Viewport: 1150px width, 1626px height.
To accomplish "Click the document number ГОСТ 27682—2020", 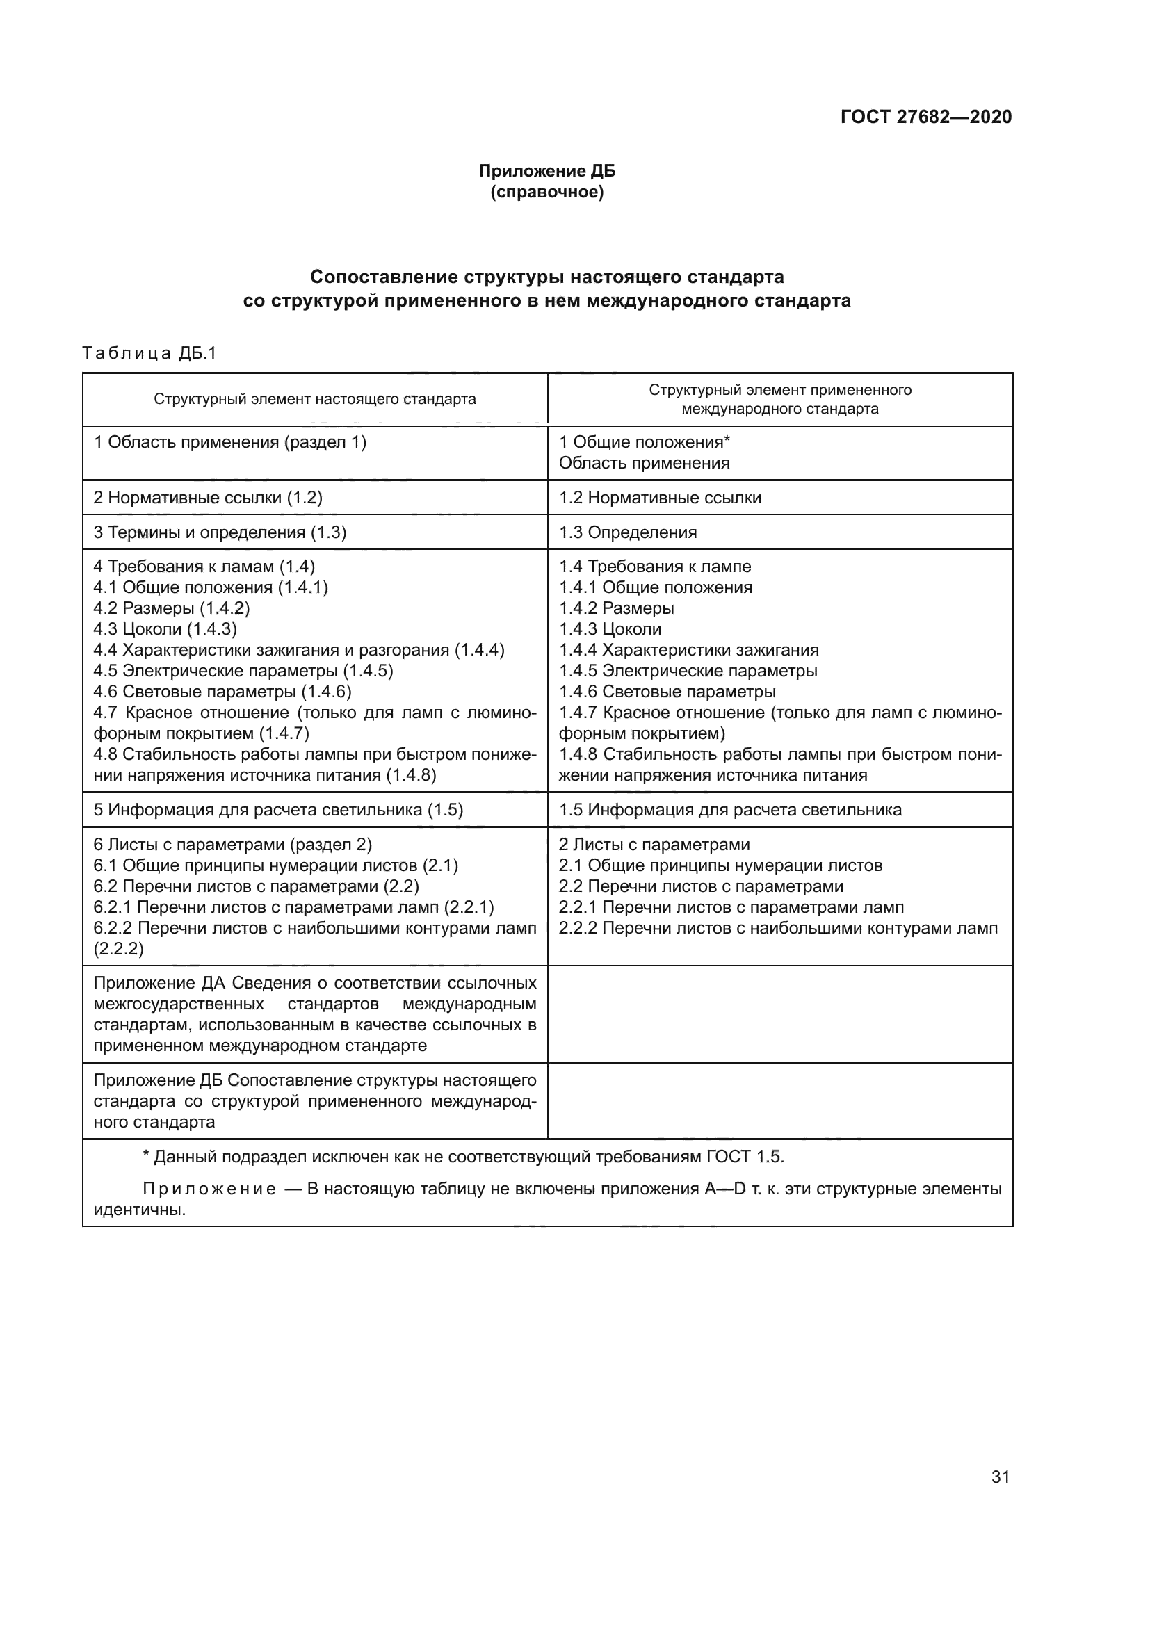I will point(925,117).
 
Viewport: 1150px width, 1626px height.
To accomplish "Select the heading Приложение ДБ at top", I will point(546,171).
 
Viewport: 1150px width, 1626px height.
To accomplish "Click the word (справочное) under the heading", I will point(546,192).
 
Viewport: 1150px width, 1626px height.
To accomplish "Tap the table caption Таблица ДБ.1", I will point(149,352).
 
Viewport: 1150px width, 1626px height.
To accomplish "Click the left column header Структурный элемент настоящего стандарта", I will point(314,399).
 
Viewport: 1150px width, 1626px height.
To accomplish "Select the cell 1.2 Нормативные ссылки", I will point(660,498).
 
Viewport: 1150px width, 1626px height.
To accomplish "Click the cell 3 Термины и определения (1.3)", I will point(220,532).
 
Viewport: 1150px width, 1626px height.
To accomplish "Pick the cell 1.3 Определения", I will point(627,532).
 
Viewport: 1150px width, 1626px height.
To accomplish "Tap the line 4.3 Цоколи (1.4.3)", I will point(165,629).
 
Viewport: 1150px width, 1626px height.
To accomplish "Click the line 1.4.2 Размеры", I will point(616,608).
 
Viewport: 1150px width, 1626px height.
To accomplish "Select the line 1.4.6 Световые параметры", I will point(667,691).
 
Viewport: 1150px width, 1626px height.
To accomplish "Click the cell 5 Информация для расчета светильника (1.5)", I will point(278,810).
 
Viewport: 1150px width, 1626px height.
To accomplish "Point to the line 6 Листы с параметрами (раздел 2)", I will point(232,845).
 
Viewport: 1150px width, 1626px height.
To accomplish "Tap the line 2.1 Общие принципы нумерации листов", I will point(720,865).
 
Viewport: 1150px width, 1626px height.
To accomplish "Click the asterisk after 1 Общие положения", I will point(727,440).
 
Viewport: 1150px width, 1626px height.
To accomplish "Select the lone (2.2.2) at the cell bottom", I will point(118,949).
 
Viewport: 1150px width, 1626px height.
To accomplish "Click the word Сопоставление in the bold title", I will point(384,276).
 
